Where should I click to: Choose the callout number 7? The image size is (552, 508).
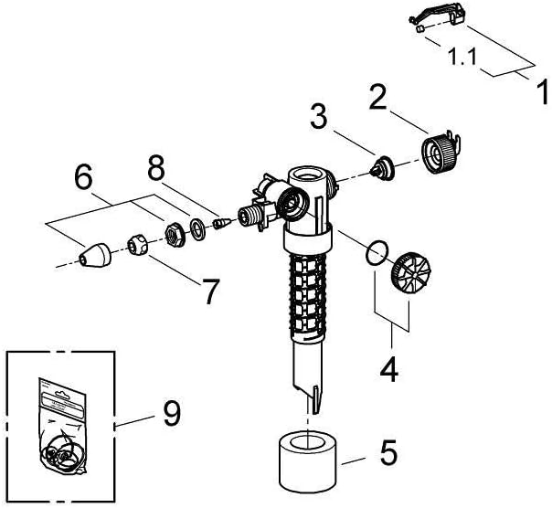coord(211,291)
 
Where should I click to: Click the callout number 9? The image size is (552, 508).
coord(170,415)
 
